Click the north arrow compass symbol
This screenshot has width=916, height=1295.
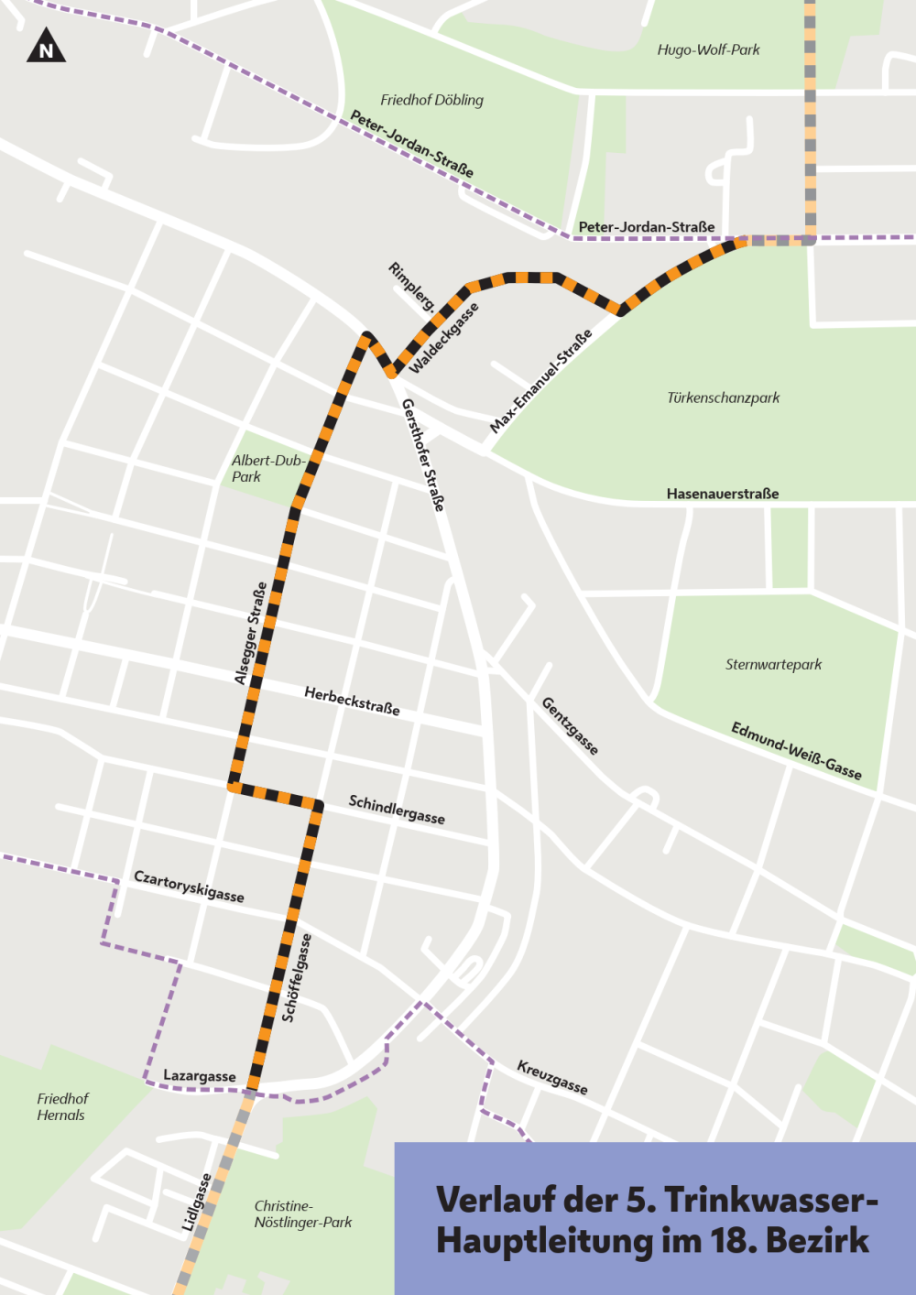pyautogui.click(x=46, y=46)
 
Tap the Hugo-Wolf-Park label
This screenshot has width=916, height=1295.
pyautogui.click(x=708, y=49)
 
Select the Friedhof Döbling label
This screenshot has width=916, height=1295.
pyautogui.click(x=431, y=100)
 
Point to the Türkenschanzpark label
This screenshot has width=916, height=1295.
pyautogui.click(x=723, y=397)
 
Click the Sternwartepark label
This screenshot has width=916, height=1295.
pyautogui.click(x=773, y=664)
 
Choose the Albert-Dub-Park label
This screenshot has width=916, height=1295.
pyautogui.click(x=267, y=468)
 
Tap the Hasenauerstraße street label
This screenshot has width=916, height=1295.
pyautogui.click(x=722, y=494)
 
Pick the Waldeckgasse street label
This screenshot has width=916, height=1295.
pyautogui.click(x=444, y=338)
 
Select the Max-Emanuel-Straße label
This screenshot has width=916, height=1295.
pyautogui.click(x=540, y=381)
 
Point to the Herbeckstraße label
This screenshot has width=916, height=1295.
pyautogui.click(x=352, y=701)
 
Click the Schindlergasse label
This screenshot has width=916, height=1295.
pyautogui.click(x=397, y=810)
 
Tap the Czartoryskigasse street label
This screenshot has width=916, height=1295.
pyautogui.click(x=189, y=886)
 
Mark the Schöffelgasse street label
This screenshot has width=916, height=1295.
pyautogui.click(x=297, y=977)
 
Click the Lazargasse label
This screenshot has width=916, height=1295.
pyautogui.click(x=199, y=1076)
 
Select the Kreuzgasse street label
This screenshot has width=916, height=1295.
pyautogui.click(x=552, y=1077)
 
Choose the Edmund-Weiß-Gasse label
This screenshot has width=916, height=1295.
pyautogui.click(x=796, y=751)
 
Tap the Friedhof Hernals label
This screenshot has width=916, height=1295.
pyautogui.click(x=62, y=1106)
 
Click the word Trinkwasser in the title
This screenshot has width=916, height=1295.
pyautogui.click(x=769, y=1199)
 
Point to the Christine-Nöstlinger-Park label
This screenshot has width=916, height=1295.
pyautogui.click(x=302, y=1214)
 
